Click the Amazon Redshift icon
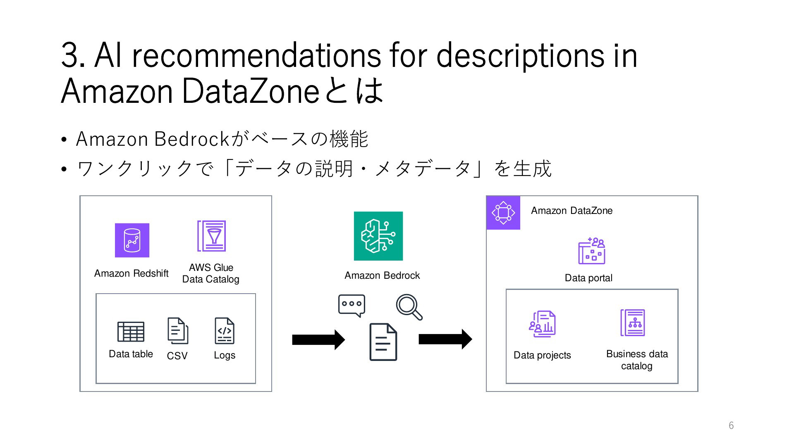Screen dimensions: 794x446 tap(132, 240)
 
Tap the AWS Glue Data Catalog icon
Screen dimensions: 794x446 tap(211, 236)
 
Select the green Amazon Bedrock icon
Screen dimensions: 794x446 tap(378, 236)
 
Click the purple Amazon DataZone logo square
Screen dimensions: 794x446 tap(503, 213)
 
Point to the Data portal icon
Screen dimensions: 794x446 tap(591, 251)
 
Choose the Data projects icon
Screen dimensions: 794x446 tap(542, 324)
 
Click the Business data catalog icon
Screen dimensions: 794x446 tap(633, 323)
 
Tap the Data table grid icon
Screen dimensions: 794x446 tap(131, 332)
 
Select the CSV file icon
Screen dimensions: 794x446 tap(178, 330)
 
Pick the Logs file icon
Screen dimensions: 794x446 tap(225, 330)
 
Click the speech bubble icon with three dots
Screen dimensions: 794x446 tap(352, 306)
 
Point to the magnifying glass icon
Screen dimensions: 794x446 tap(409, 307)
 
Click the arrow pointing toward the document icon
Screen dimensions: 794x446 tap(318, 340)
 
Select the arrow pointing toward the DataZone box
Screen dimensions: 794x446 tap(445, 339)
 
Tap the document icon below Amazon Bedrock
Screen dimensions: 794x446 tap(383, 342)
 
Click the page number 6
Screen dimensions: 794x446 tap(731, 425)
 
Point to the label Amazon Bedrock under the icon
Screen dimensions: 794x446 tap(382, 275)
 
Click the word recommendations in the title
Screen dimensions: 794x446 tap(256, 56)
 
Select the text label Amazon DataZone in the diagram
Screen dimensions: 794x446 tap(572, 211)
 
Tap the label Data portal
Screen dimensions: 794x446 tap(588, 278)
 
